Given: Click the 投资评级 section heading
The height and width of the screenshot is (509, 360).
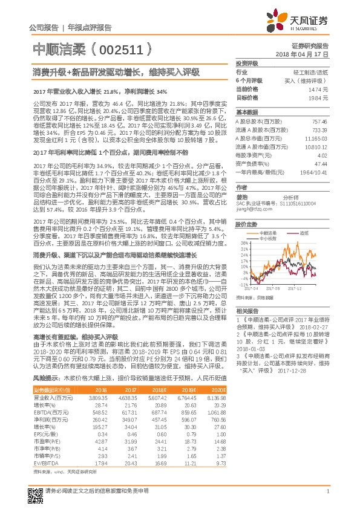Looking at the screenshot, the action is tap(247, 63).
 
